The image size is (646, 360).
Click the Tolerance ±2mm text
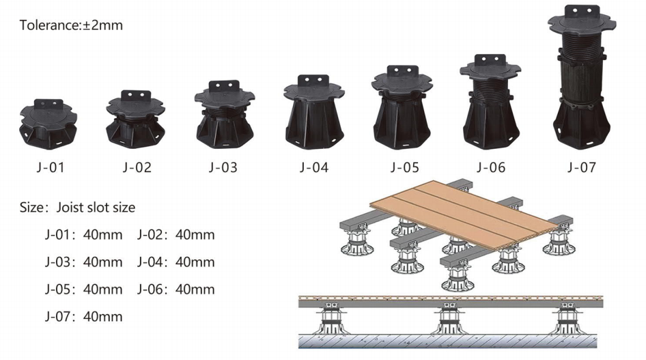pyautogui.click(x=71, y=26)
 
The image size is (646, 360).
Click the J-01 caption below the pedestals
pyautogui.click(x=48, y=167)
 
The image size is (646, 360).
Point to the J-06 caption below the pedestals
pyautogui.click(x=490, y=167)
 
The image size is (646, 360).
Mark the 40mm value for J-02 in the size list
pyautogui.click(x=195, y=235)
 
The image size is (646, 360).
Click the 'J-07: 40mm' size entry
pyautogui.click(x=83, y=316)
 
